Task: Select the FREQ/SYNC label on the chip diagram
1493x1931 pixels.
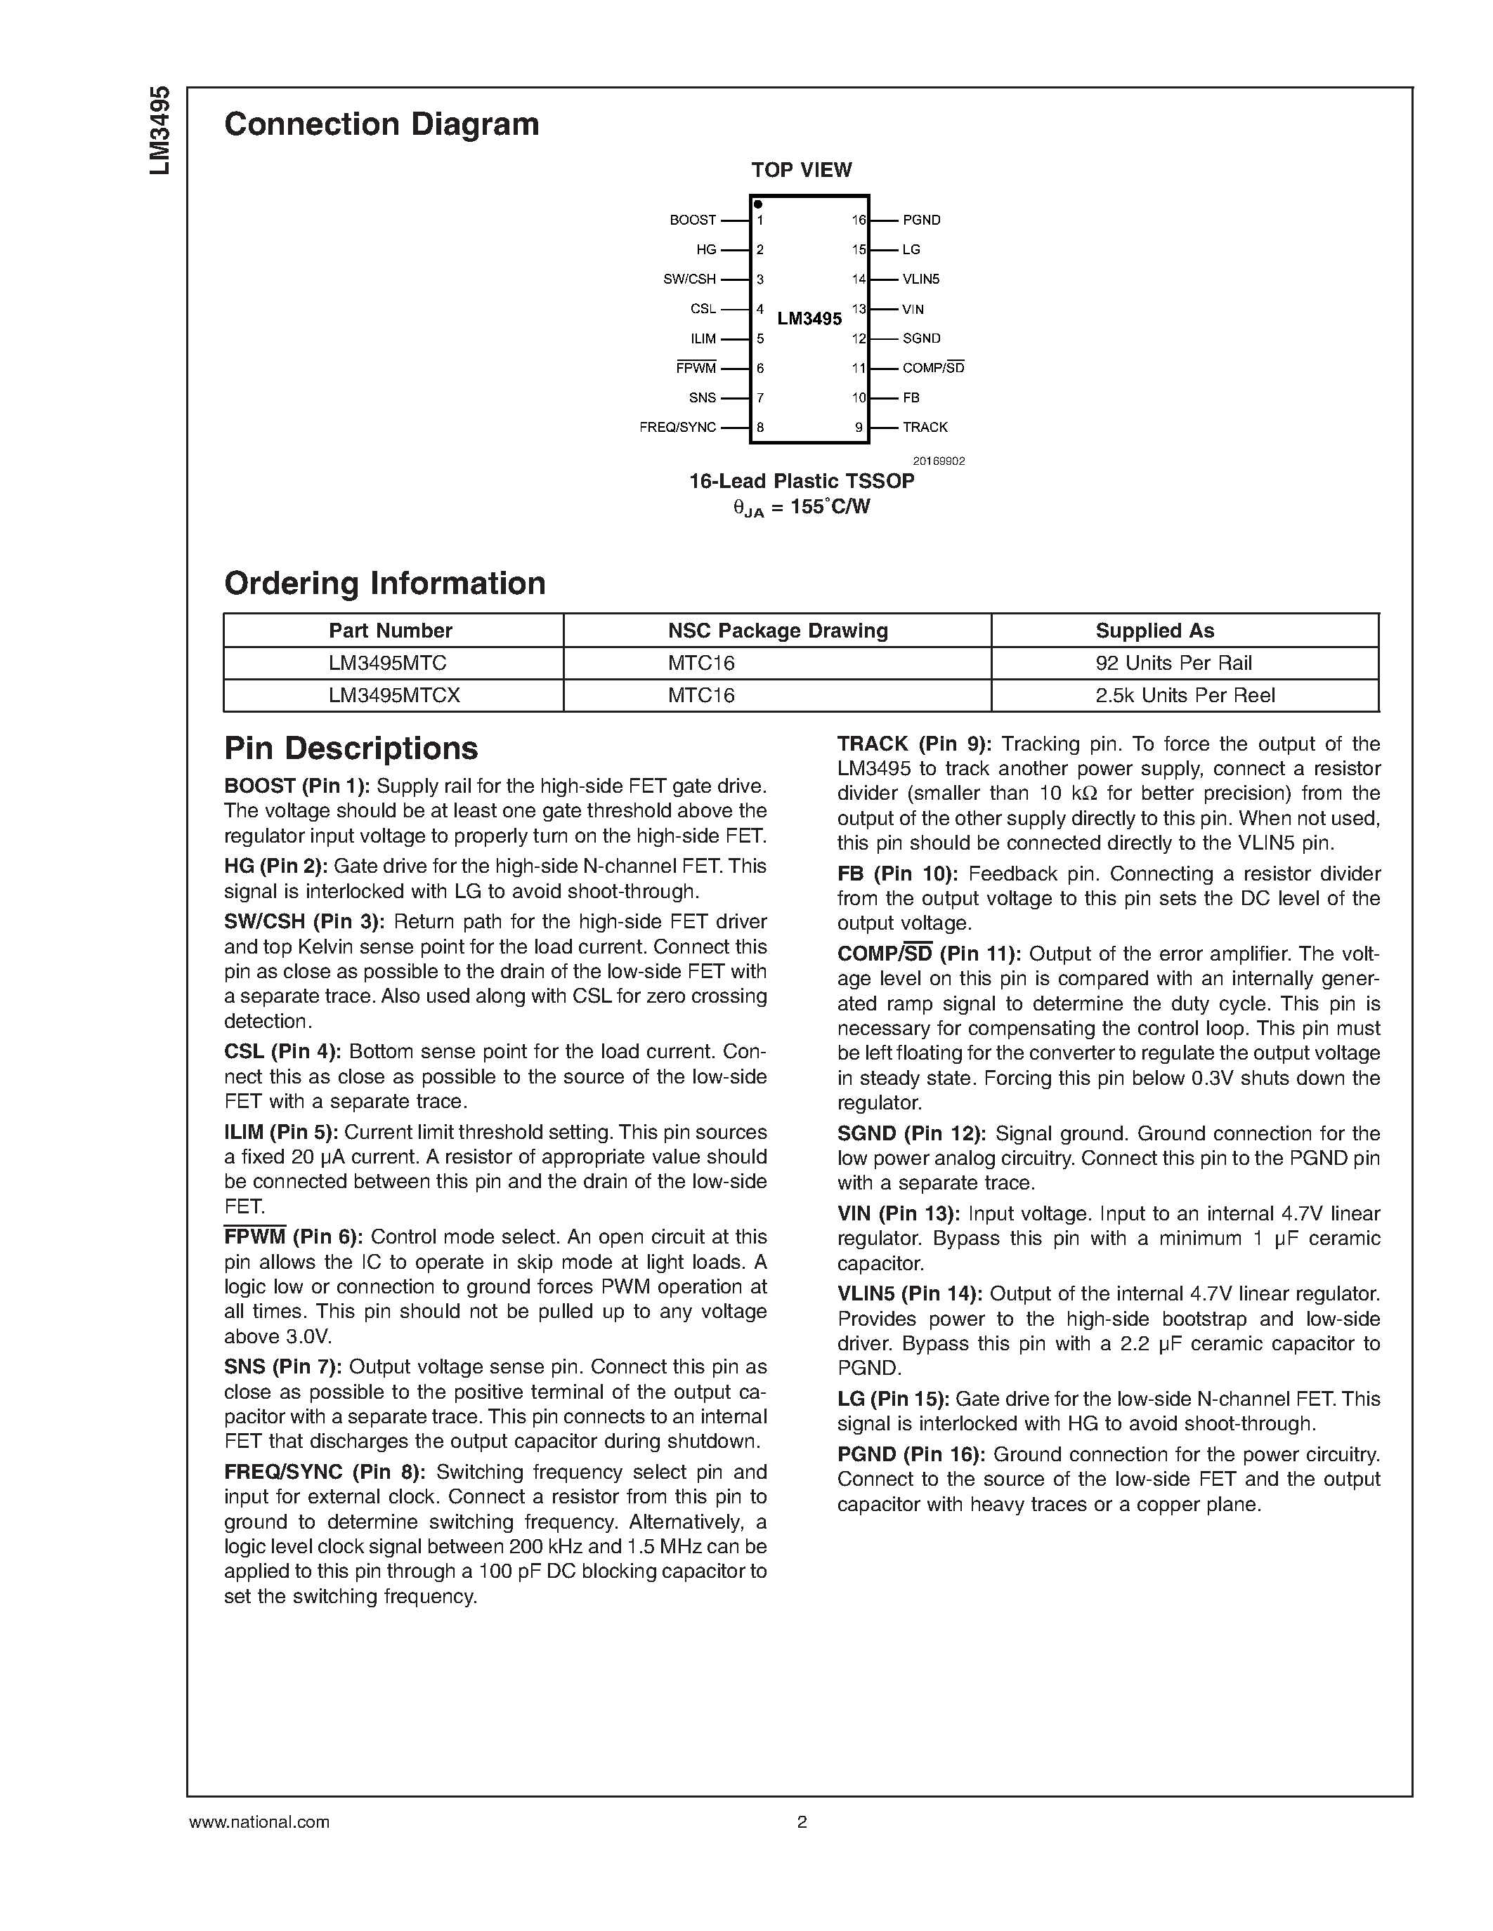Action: click(x=677, y=427)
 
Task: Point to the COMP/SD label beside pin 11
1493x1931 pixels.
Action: click(x=932, y=368)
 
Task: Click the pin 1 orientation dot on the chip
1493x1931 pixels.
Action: click(x=758, y=204)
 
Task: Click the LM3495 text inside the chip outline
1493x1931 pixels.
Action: click(x=809, y=318)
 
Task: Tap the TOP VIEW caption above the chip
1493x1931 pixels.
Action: click(x=802, y=170)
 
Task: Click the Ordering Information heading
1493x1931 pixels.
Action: click(x=385, y=584)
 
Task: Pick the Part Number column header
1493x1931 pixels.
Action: click(x=390, y=631)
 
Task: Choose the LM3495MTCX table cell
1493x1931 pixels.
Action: click(x=393, y=695)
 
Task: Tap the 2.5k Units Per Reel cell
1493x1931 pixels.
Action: click(x=1185, y=695)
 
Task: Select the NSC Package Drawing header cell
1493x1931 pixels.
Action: click(x=778, y=631)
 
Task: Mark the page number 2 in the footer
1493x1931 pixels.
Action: click(x=802, y=1821)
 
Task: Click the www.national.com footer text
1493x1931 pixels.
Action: click(x=259, y=1821)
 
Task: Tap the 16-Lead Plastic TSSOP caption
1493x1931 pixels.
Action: click(x=802, y=481)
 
